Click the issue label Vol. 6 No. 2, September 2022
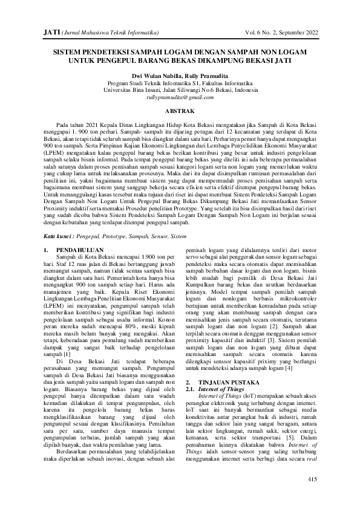[275, 30]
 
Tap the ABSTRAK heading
[180, 111]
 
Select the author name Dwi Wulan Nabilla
[151, 76]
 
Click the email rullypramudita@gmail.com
[180, 97]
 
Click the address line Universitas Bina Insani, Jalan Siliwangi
[180, 89]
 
